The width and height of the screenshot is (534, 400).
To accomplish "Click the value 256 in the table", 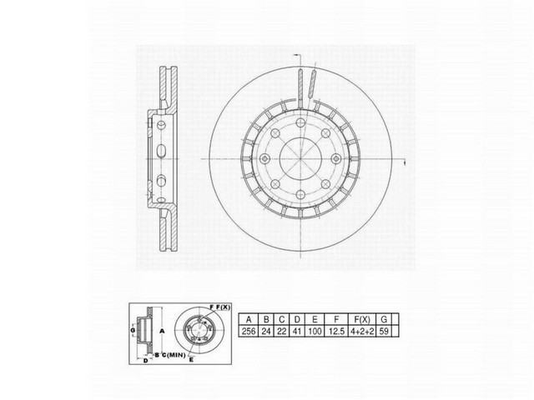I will click(x=249, y=331).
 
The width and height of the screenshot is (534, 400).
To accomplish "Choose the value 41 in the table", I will click(x=295, y=331).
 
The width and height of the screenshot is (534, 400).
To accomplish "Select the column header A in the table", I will click(x=249, y=318).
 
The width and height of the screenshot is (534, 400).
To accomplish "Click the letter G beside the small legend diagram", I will click(x=132, y=332).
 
